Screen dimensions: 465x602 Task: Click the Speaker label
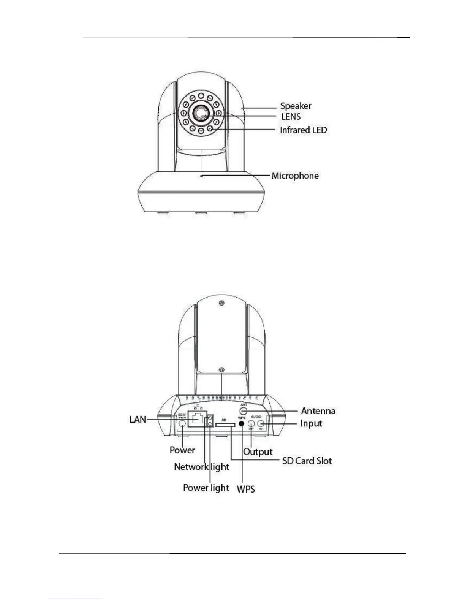click(296, 106)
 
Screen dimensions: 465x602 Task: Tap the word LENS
click(291, 117)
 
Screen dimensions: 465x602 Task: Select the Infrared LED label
click(303, 130)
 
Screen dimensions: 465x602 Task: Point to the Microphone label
click(295, 176)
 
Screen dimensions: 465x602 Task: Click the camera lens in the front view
click(201, 112)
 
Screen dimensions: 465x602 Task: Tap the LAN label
click(138, 420)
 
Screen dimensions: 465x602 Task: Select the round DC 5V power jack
click(182, 424)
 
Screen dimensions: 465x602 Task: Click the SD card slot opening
click(224, 425)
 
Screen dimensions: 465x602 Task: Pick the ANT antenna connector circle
click(244, 411)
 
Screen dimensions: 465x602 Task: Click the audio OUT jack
click(251, 423)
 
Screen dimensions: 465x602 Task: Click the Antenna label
click(318, 411)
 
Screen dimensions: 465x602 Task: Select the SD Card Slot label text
click(307, 461)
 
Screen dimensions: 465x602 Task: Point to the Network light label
click(201, 467)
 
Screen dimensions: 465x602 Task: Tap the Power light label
click(206, 488)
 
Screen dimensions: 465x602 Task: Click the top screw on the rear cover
click(221, 303)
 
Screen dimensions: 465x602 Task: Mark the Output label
click(258, 452)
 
